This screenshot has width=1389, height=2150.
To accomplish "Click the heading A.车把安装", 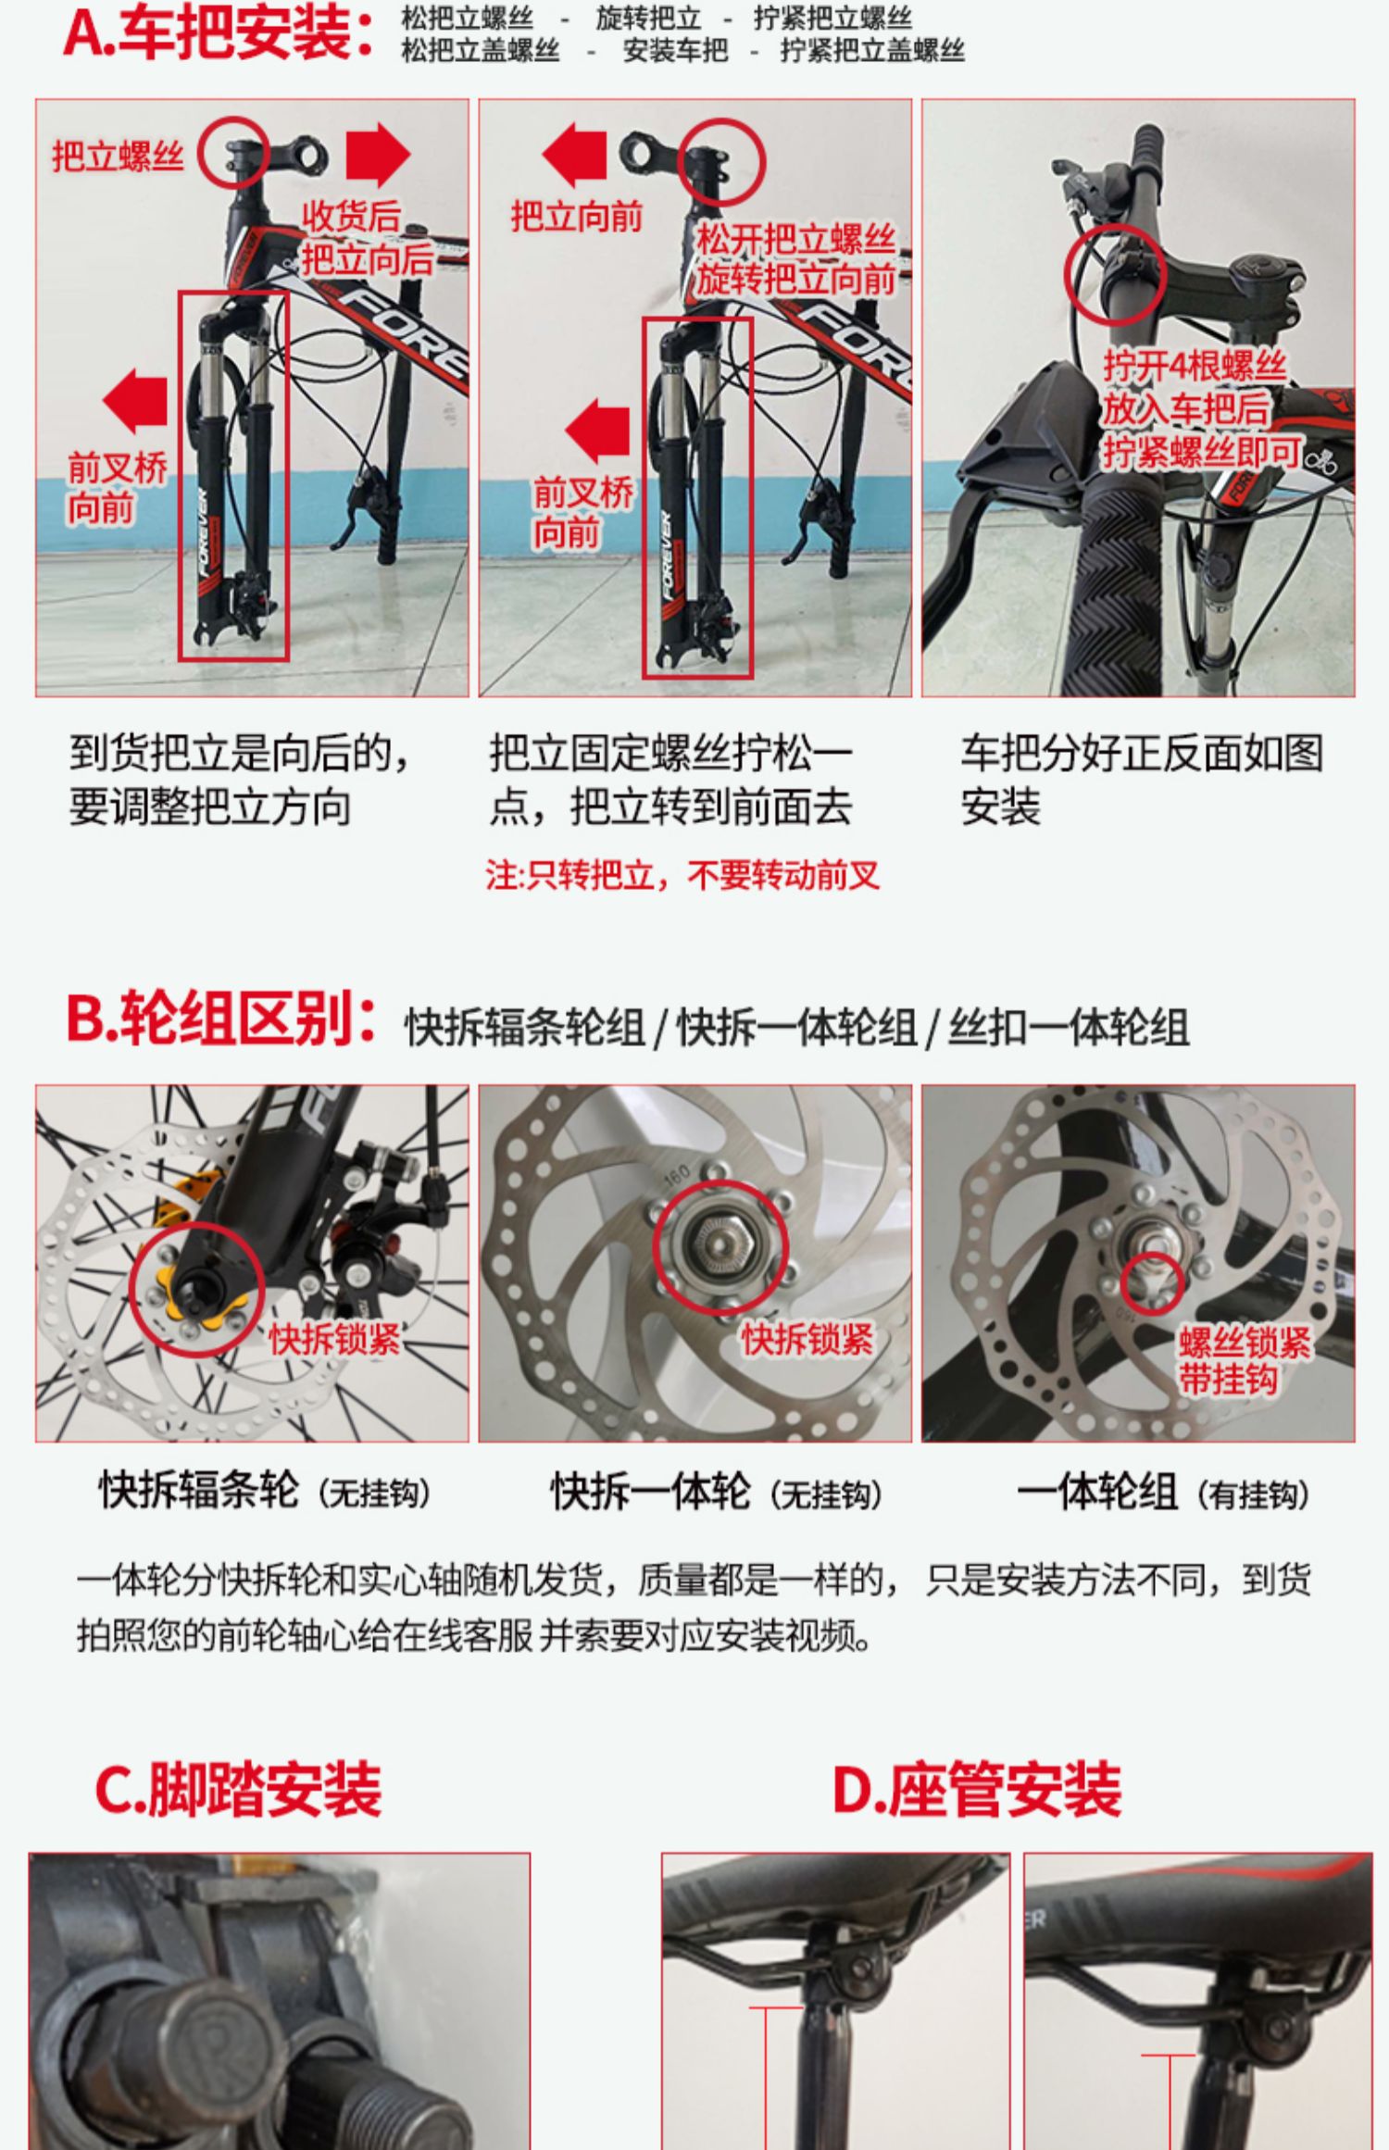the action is point(219,33).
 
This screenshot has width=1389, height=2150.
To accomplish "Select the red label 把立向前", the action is point(576,217).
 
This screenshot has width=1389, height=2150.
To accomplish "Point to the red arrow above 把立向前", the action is point(574,155).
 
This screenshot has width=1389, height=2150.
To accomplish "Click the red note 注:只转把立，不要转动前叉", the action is point(682,875).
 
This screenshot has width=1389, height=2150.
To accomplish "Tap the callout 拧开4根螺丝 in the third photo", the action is point(1195,366).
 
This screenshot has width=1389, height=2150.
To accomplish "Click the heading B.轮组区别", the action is point(220,1019).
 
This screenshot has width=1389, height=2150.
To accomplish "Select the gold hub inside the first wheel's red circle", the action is point(196,1288).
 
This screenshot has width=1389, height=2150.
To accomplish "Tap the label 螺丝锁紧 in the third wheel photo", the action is point(1245,1342).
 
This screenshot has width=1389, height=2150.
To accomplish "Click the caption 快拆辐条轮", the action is point(199,1491).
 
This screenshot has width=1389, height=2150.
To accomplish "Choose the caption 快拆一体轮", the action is point(651,1491).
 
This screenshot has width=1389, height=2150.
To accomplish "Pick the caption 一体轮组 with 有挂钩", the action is point(1164,1491).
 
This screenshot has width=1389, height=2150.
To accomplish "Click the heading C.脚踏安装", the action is point(238,1788).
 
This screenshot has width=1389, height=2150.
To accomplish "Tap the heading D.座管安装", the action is point(977,1788).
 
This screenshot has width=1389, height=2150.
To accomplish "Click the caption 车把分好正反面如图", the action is point(1142,753).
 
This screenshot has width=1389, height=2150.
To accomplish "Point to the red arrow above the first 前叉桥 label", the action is point(135,401).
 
